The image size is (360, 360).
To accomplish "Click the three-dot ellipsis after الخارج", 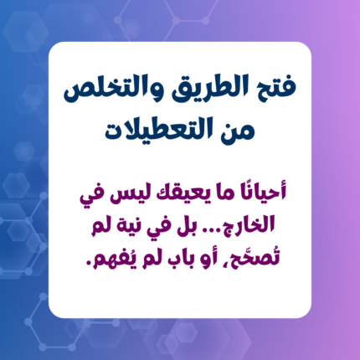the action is (x=214, y=230).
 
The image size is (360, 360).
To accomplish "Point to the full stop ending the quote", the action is (x=89, y=263).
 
